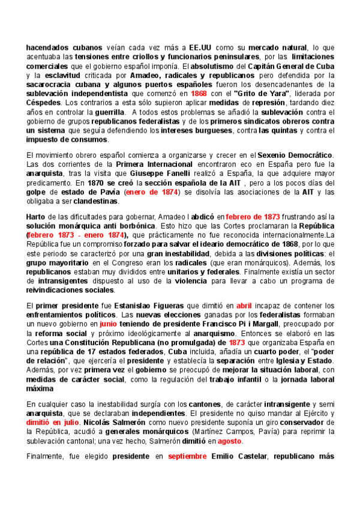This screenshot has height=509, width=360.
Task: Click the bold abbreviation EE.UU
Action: click(x=200, y=46)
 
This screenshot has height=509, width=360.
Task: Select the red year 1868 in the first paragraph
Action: click(x=199, y=94)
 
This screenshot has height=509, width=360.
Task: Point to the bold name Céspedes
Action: click(x=43, y=103)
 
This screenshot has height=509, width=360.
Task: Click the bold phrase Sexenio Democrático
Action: click(x=295, y=155)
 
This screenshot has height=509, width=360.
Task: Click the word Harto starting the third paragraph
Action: click(x=37, y=216)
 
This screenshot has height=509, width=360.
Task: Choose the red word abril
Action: click(x=248, y=306)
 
